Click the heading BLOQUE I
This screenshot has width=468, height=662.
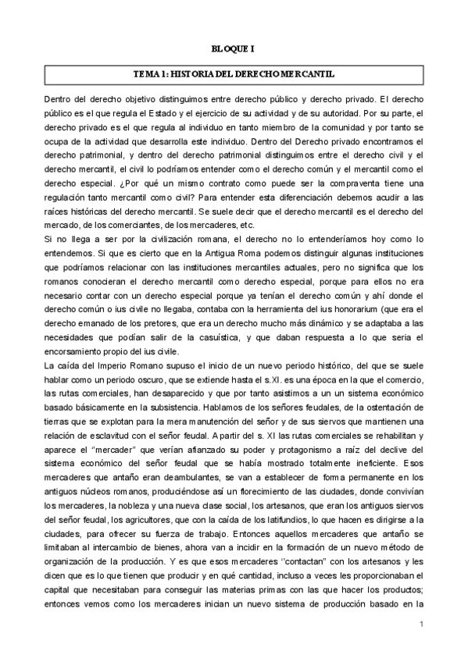pyautogui.click(x=234, y=48)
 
